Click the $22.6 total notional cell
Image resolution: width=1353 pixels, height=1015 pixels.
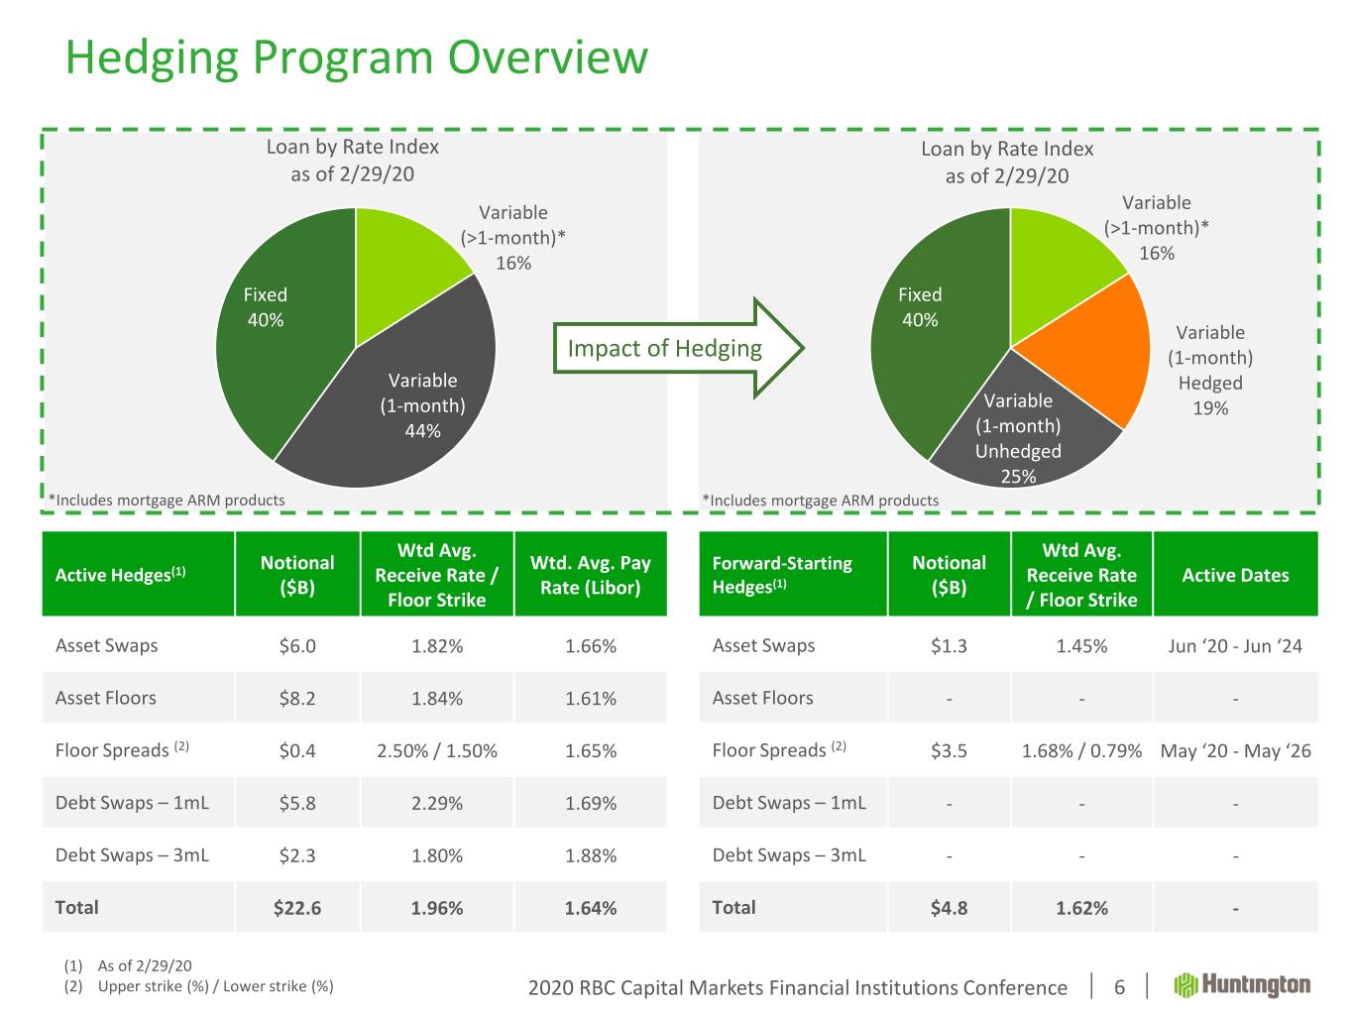[297, 908]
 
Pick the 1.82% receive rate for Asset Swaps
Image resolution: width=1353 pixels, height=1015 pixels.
[437, 646]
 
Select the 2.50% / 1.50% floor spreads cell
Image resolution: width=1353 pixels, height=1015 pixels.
[437, 751]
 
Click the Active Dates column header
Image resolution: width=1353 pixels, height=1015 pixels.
[1235, 575]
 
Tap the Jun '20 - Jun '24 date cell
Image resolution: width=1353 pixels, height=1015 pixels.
[1235, 646]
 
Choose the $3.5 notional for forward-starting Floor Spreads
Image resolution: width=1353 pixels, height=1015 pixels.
[949, 751]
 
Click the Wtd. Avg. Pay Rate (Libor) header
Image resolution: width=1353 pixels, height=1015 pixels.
[591, 575]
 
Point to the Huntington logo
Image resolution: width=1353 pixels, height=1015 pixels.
[1243, 985]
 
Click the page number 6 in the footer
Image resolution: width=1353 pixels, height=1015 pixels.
[1120, 987]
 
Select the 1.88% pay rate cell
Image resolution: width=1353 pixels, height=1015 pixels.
[591, 855]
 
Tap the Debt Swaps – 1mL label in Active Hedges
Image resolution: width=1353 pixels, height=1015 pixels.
[132, 803]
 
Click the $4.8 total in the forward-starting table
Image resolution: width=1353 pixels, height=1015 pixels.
[949, 908]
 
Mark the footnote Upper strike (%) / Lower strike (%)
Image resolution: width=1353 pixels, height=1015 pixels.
[215, 986]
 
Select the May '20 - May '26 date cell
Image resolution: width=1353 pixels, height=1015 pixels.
[1235, 751]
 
